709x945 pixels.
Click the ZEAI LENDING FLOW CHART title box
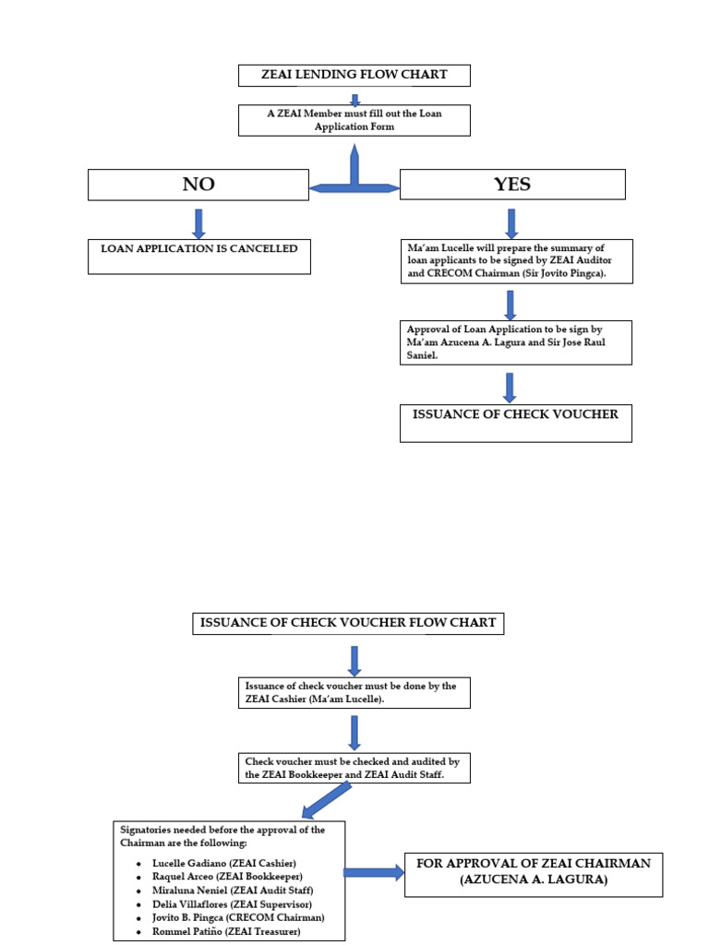[354, 75]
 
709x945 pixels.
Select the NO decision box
[198, 185]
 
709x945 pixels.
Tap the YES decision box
[511, 185]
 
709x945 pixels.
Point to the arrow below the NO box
[198, 223]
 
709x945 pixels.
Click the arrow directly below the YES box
[511, 223]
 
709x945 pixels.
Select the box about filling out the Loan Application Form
[354, 120]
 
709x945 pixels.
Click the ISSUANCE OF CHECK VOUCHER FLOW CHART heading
[348, 623]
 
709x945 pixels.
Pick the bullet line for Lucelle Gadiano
[224, 863]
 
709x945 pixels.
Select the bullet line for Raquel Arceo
[227, 877]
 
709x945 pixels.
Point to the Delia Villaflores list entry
[232, 904]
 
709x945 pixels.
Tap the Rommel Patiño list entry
[226, 932]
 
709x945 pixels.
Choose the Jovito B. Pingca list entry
[238, 918]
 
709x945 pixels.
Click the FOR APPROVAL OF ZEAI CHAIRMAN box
[534, 872]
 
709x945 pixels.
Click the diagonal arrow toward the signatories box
[328, 799]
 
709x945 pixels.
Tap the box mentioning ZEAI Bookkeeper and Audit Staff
[354, 768]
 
